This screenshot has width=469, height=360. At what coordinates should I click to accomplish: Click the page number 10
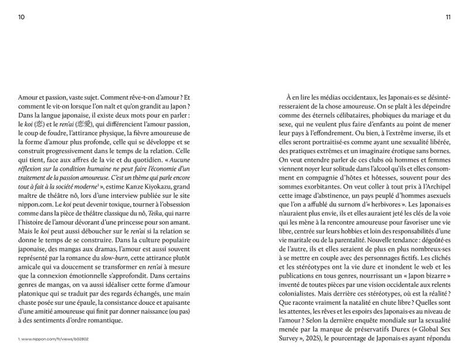22,17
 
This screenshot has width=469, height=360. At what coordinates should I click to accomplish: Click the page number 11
447,17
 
